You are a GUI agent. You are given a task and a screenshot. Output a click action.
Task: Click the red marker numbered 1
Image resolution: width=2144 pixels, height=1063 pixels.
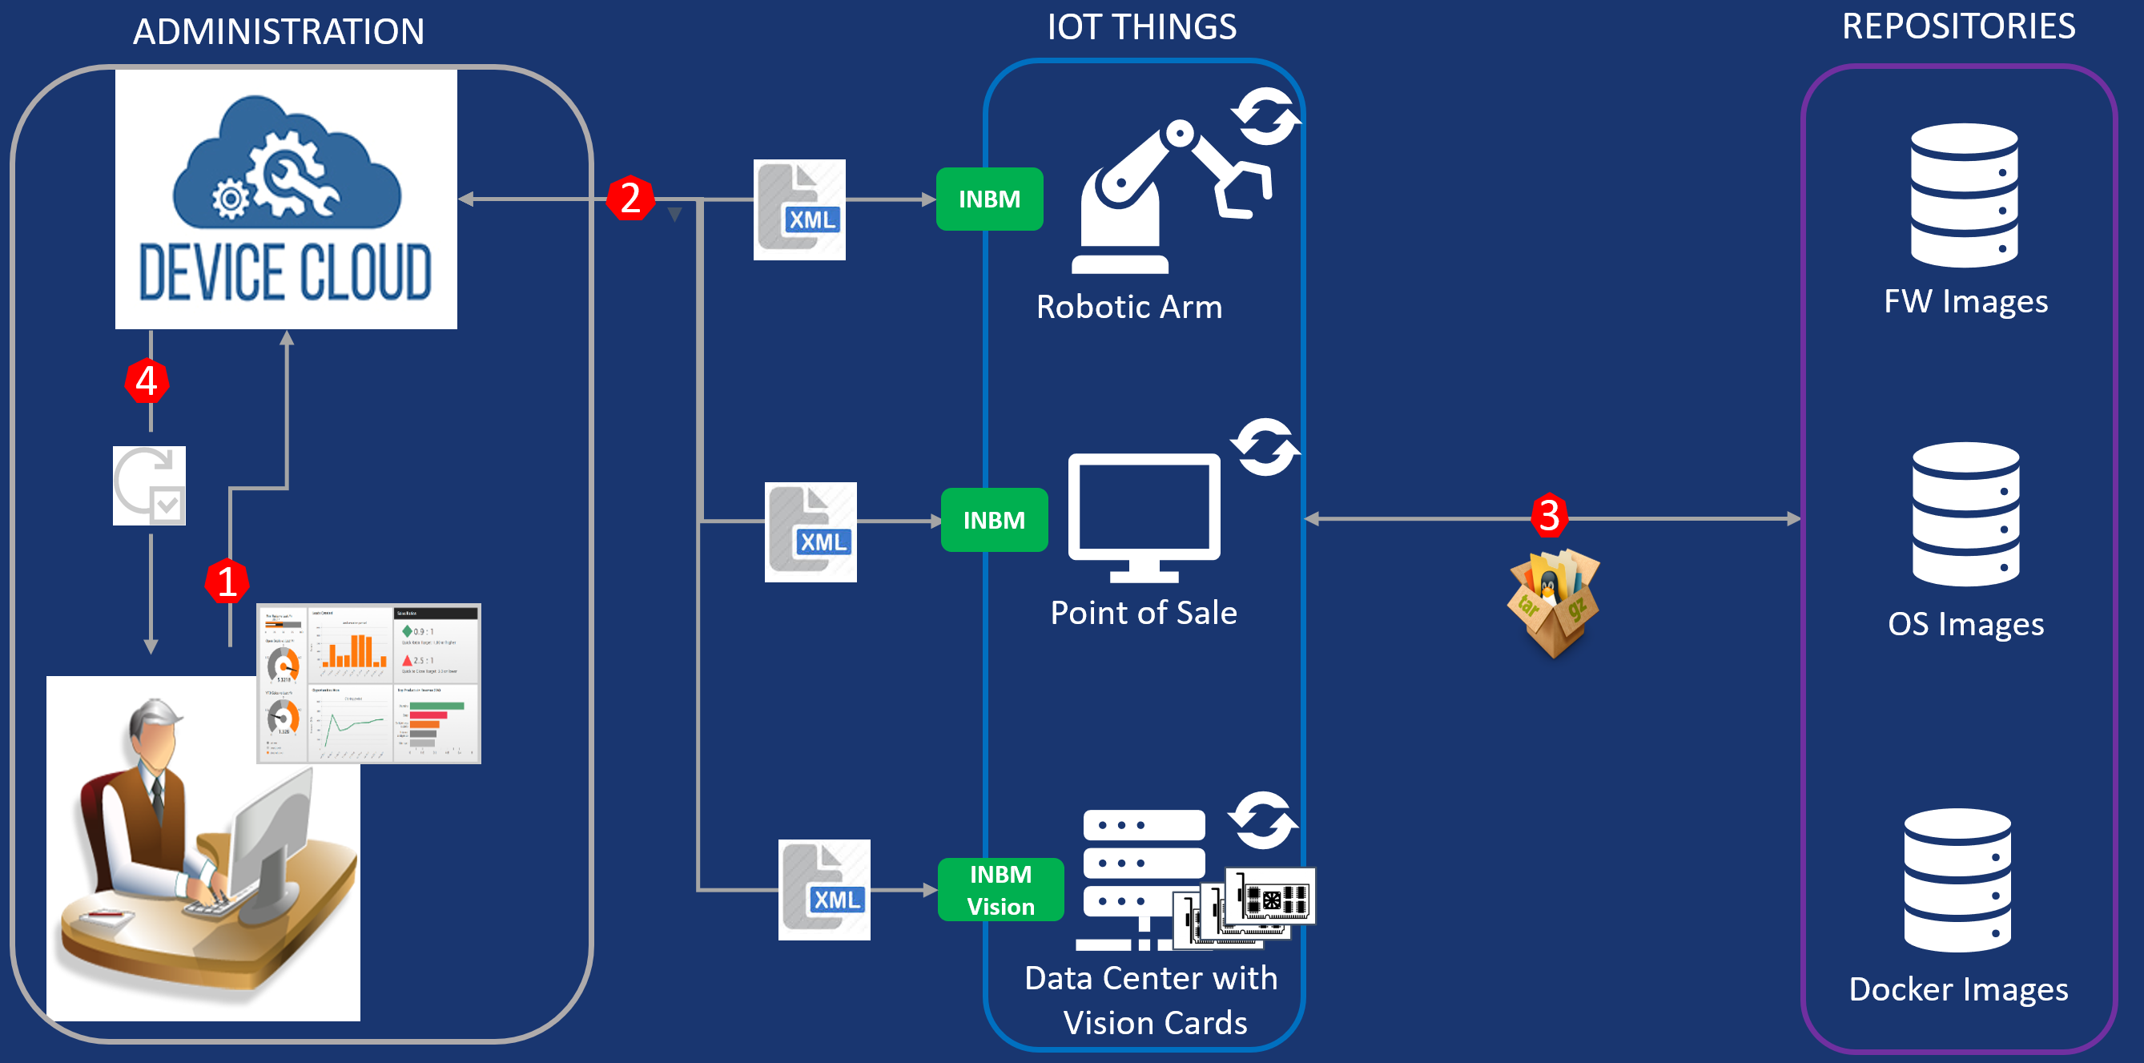227,581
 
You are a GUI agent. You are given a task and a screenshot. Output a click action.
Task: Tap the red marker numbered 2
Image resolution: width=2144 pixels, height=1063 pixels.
630,198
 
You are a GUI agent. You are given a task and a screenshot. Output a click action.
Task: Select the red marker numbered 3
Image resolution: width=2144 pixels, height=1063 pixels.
1548,515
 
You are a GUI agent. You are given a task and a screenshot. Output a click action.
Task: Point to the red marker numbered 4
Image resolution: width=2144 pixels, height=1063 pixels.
147,381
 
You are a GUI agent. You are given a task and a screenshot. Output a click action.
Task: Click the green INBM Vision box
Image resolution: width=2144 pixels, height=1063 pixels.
1000,890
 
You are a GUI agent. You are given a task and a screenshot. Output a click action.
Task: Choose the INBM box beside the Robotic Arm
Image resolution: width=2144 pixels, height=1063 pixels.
989,199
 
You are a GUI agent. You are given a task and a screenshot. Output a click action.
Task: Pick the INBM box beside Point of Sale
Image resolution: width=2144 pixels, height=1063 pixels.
994,520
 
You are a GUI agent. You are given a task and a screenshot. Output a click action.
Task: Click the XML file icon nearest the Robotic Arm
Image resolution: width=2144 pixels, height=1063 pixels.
799,210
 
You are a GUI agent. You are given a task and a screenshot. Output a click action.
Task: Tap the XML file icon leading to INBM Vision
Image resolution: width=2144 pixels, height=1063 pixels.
824,890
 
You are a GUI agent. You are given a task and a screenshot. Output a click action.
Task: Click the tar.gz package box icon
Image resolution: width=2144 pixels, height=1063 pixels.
1553,602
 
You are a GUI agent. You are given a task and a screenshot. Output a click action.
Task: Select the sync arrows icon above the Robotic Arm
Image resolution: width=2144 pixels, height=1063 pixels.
1265,115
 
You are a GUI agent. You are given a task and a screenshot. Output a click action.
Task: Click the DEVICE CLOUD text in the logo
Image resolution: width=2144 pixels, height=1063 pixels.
284,272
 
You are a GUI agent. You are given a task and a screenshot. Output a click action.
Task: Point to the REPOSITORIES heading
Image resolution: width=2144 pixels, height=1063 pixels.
1958,26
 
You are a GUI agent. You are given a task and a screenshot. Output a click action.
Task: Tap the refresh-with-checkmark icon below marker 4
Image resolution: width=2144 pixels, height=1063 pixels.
149,485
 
